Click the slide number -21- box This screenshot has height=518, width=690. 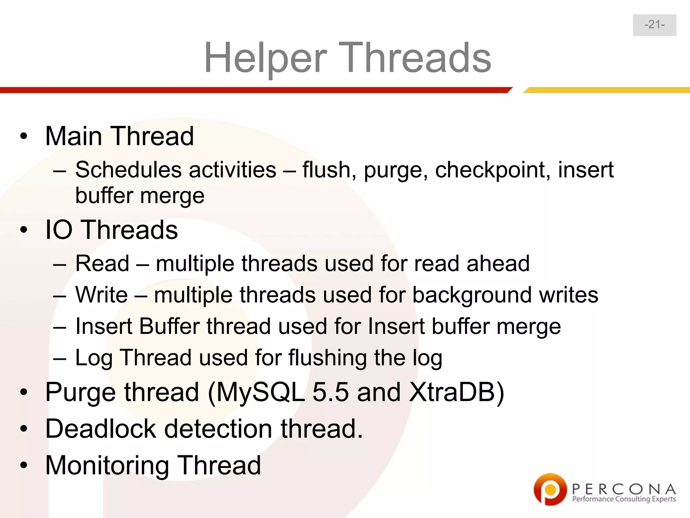pos(654,25)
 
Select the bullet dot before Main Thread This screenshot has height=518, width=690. pos(23,137)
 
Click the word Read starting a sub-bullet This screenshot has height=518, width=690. pos(102,263)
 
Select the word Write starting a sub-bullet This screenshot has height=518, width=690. pos(101,295)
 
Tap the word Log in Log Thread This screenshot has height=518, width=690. pos(93,358)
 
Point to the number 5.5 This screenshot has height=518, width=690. pos(331,392)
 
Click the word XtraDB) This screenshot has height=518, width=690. pos(457,392)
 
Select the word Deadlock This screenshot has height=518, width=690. pos(101,429)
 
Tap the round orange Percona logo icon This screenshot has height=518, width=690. pos(550,489)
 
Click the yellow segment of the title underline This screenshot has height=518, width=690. pos(606,90)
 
